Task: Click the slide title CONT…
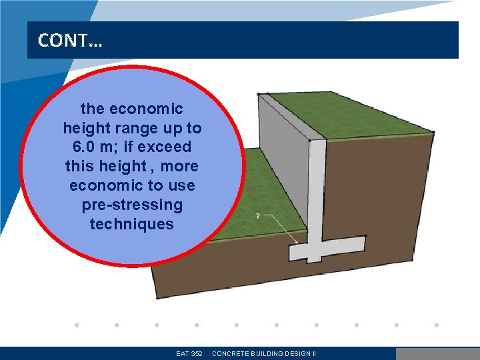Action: click(x=70, y=41)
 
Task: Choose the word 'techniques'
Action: click(x=131, y=224)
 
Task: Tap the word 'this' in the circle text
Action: click(x=81, y=166)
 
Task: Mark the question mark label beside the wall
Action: click(x=258, y=217)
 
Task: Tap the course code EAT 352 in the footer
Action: click(x=189, y=353)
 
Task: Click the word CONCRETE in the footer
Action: click(x=233, y=353)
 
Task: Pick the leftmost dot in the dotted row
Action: click(x=77, y=325)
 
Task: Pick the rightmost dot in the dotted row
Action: click(x=436, y=325)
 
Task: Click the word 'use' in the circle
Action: click(x=182, y=185)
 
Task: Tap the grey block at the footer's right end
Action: click(x=437, y=353)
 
